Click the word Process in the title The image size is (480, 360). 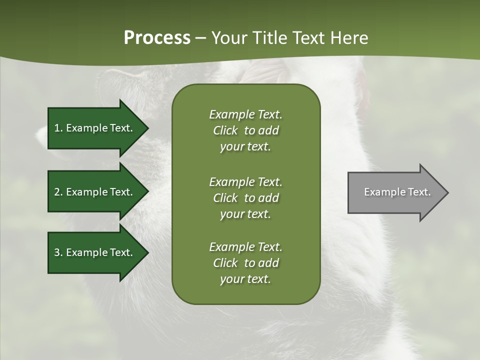coord(157,38)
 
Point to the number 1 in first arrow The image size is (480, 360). coord(56,128)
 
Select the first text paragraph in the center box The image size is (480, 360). coord(245,130)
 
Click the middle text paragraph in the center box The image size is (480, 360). coord(245,198)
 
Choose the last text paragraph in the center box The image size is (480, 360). coord(245,263)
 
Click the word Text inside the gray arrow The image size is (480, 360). coord(419,192)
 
